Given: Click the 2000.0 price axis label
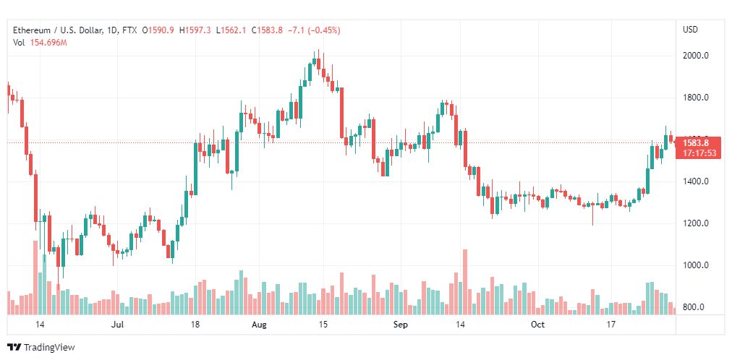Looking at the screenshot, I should (695, 56).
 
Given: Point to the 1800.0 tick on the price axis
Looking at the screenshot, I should (695, 98).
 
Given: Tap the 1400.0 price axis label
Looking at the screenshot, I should (695, 181).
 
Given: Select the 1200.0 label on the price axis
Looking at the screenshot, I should (695, 223).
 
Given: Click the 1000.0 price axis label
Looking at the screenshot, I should (695, 265).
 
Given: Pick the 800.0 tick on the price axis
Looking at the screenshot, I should (694, 307).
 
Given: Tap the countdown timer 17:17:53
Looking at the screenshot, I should (699, 153).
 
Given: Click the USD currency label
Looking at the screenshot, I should (690, 30).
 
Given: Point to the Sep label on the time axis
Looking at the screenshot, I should (401, 325).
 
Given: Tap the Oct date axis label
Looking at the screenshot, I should (537, 325).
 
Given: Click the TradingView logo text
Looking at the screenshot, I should (48, 348).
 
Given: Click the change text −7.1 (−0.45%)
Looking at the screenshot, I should (314, 30).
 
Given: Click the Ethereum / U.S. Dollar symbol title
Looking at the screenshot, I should (59, 30).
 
